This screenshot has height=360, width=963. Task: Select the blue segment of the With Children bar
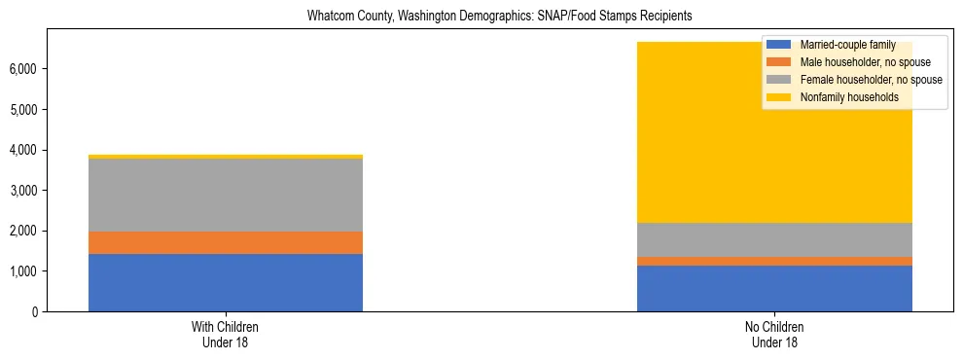pyautogui.click(x=226, y=282)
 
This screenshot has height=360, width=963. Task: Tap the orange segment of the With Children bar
pyautogui.click(x=226, y=242)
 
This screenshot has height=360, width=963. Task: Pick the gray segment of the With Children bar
pyautogui.click(x=226, y=195)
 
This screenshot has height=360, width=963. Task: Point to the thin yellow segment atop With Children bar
pyautogui.click(x=226, y=156)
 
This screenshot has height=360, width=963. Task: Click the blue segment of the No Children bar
pyautogui.click(x=774, y=288)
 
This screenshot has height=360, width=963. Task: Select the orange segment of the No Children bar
pyautogui.click(x=774, y=261)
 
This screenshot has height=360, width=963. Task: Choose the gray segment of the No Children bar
pyautogui.click(x=774, y=239)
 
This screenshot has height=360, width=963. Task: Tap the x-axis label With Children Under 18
pyautogui.click(x=226, y=334)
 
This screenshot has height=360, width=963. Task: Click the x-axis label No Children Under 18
pyautogui.click(x=774, y=334)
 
